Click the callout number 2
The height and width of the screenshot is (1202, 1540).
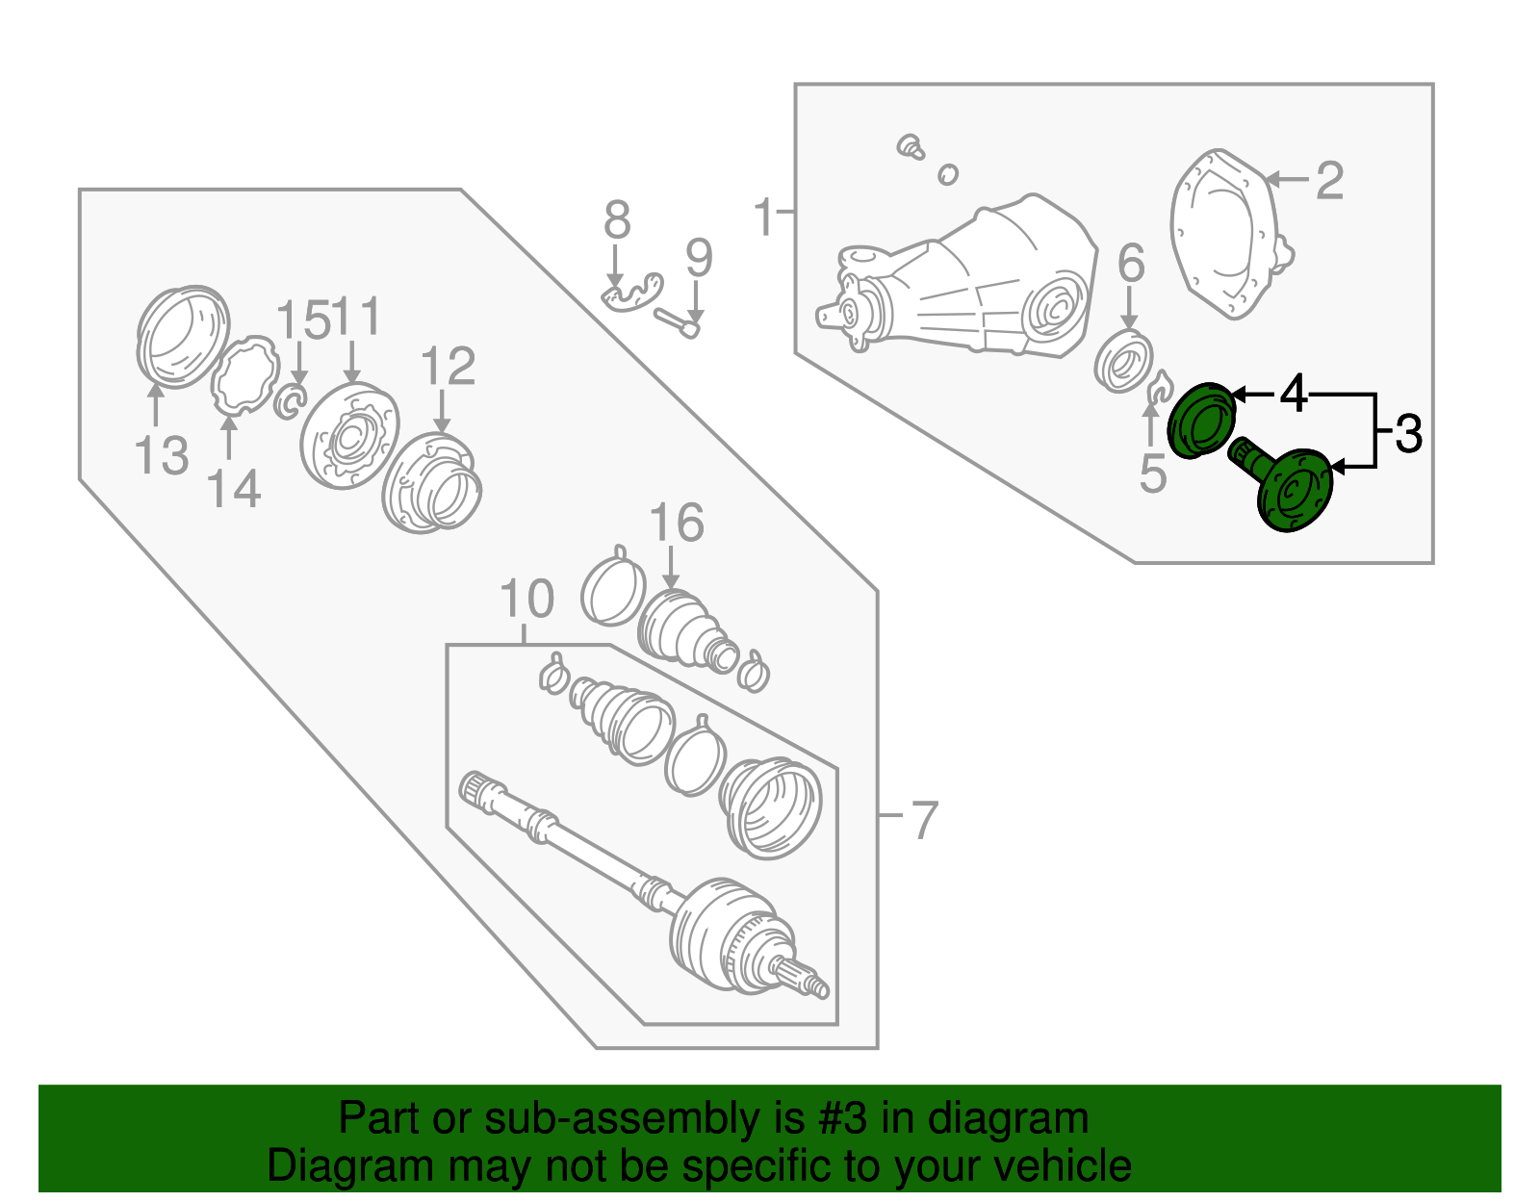[x=1329, y=181]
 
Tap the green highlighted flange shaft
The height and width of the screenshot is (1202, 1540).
[x=1289, y=487]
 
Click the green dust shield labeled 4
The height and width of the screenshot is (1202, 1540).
[x=1200, y=421]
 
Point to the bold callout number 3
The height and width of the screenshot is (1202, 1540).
[x=1408, y=434]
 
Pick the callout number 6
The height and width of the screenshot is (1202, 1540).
[x=1131, y=264]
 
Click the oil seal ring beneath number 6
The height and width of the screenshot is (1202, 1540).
[x=1124, y=361]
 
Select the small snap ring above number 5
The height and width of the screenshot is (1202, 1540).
[x=1159, y=388]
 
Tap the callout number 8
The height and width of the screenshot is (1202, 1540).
[x=617, y=220]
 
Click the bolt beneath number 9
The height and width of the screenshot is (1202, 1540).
[x=678, y=322]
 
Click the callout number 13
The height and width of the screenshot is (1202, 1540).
[x=161, y=455]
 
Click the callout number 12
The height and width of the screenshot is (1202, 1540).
[x=449, y=367]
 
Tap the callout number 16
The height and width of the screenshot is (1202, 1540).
[x=677, y=524]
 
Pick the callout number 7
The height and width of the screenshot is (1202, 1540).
[x=923, y=820]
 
